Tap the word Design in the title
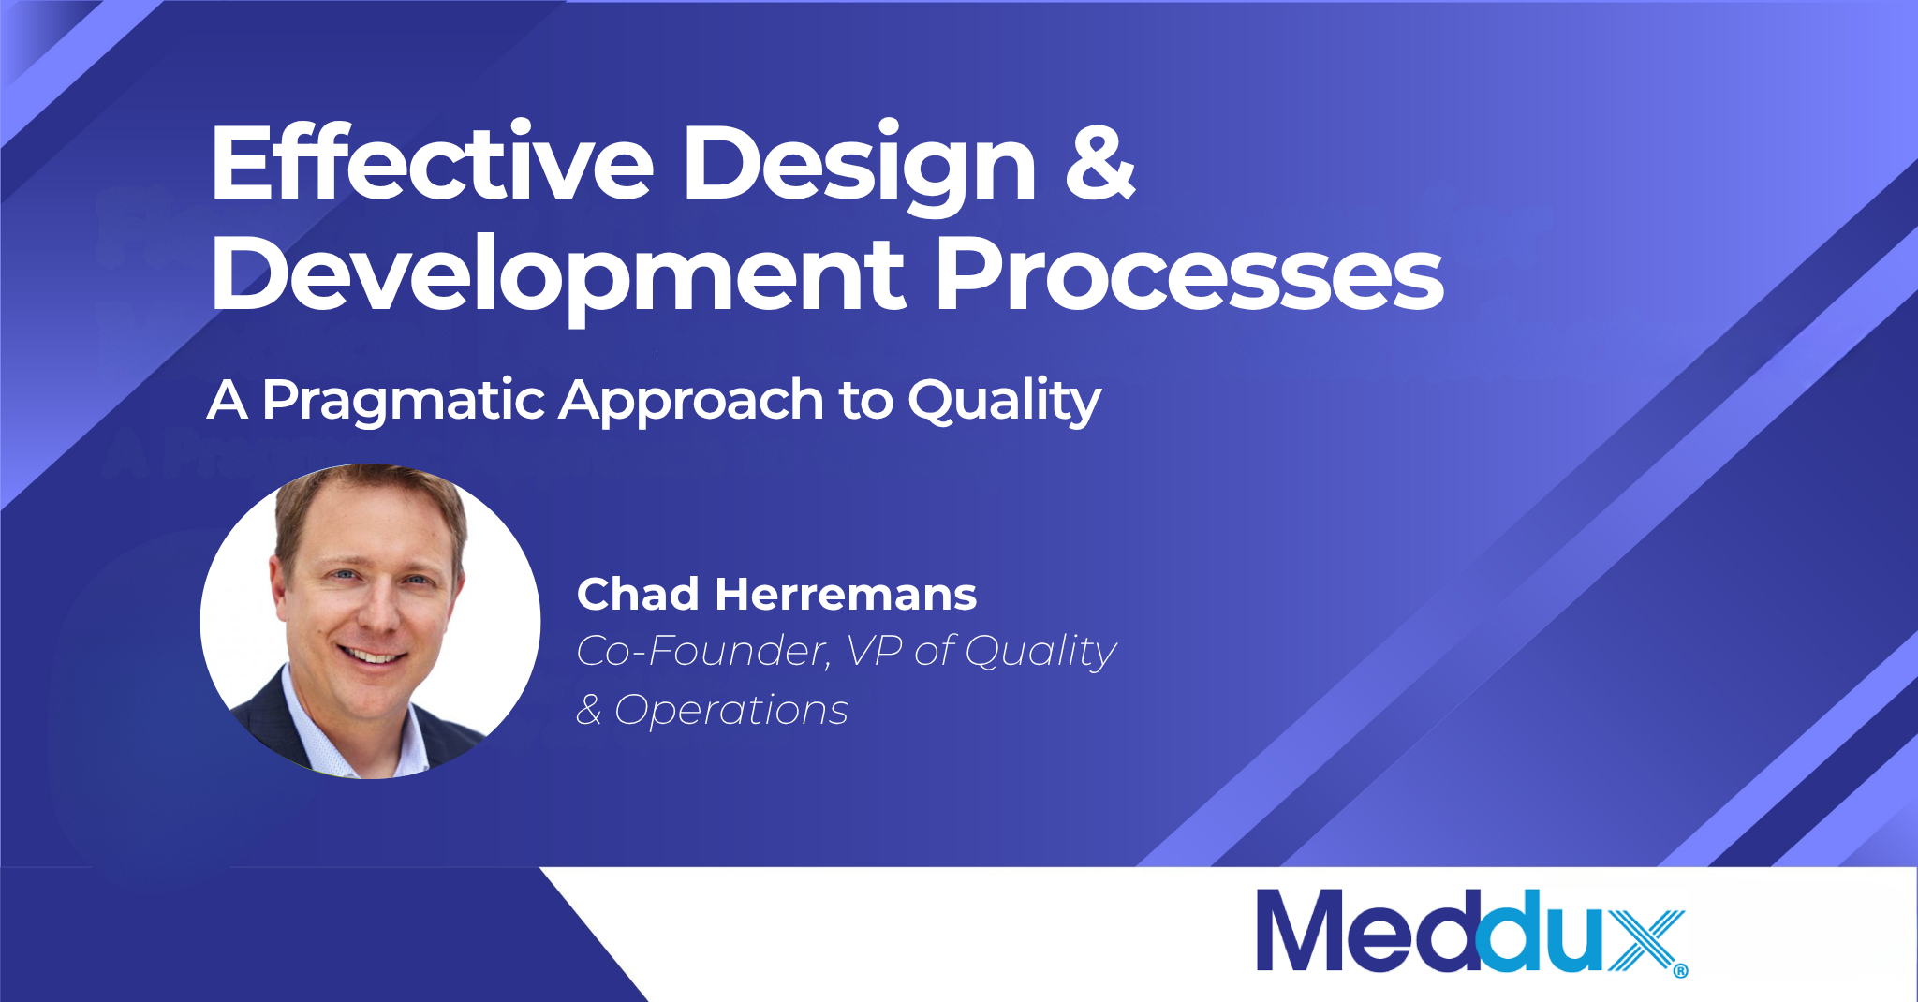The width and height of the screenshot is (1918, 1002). click(860, 169)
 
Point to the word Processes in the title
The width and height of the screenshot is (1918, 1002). click(1190, 273)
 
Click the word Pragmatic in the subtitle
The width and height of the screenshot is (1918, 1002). click(404, 403)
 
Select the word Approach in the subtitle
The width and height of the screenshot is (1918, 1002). click(692, 403)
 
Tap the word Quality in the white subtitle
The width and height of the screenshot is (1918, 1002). click(1004, 403)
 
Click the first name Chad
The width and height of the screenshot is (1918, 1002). click(638, 594)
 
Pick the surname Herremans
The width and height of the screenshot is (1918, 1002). click(846, 594)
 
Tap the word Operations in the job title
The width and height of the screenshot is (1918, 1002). click(731, 710)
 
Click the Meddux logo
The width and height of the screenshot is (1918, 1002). click(1471, 932)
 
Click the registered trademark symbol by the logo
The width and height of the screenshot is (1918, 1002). click(1680, 971)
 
